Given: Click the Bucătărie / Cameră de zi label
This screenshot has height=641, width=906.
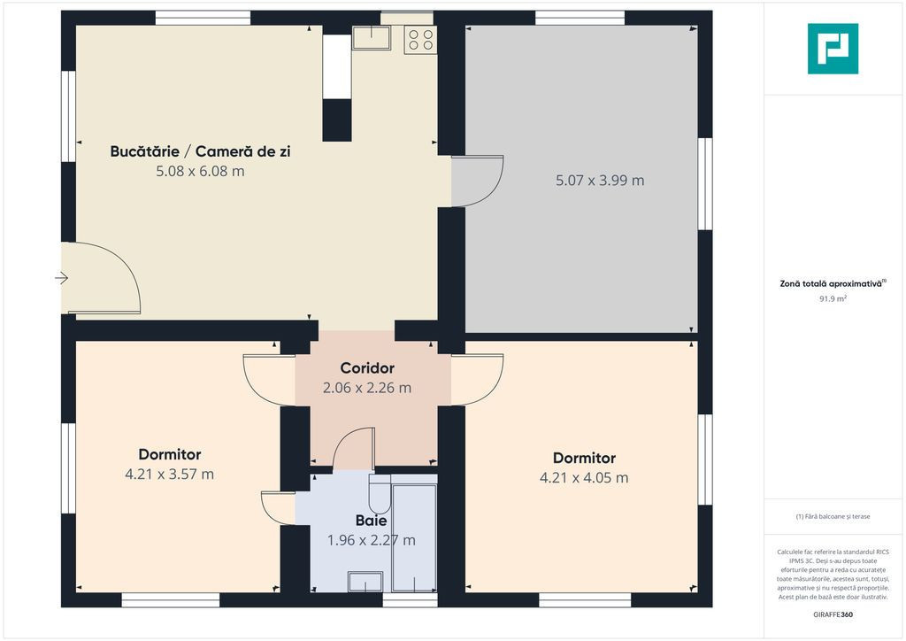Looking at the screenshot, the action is coord(200,151).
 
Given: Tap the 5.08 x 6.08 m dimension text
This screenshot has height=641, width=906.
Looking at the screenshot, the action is coord(200,171).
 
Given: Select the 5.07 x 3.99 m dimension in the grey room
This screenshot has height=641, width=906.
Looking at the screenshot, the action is coord(600,181).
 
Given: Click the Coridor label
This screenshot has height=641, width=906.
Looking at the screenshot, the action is coord(367,368).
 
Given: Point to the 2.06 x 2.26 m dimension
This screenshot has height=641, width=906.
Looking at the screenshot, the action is coord(367,388).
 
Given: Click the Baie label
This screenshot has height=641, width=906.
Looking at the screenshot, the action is coord(371,521).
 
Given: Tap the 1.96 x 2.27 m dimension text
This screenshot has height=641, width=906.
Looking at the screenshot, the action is coord(371,540).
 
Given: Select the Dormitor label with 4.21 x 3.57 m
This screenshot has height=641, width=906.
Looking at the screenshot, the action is coord(170,454).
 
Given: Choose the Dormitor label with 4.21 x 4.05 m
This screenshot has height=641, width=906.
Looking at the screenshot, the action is coord(584,458).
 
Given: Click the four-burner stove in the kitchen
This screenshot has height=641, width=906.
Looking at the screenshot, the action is coord(420,40).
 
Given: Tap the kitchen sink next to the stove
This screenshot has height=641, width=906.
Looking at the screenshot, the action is coord(371,37).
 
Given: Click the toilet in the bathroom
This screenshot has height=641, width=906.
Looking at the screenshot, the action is coord(380,494).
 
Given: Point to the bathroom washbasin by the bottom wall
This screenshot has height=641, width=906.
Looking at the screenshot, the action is coord(365,582).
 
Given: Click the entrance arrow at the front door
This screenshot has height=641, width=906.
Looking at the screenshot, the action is coord(62,279).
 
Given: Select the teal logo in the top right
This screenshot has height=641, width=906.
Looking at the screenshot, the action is coord(833,49).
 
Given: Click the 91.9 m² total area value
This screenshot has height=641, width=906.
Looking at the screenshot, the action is coord(833,299).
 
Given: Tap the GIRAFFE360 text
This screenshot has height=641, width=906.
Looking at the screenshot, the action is coord(833,614).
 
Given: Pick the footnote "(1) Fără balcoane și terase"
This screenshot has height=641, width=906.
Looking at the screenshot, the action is coord(833,517).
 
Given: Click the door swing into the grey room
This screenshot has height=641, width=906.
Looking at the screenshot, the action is coord(477,181).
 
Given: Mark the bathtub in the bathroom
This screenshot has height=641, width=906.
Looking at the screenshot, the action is coord(414,534).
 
